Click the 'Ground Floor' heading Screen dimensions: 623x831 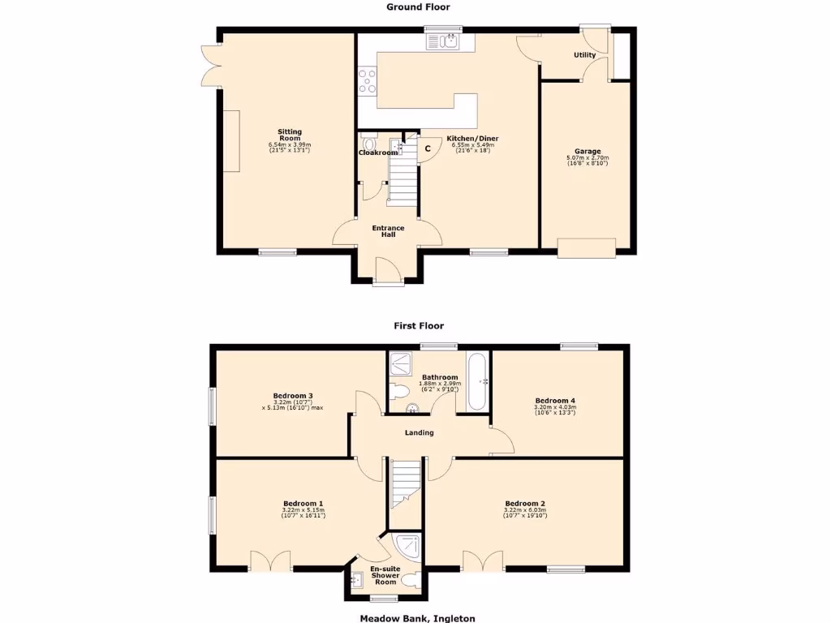419,6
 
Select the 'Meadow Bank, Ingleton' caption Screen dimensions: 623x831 417,617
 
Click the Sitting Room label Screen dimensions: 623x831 290,135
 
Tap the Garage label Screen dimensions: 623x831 588,152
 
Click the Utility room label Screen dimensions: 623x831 584,55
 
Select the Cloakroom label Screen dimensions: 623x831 378,153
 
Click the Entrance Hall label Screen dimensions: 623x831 388,231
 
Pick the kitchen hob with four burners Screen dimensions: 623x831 367,81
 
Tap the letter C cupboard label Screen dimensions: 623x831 428,149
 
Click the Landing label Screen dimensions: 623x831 420,432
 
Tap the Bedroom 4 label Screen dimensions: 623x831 555,400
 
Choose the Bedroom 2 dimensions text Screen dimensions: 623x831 525,515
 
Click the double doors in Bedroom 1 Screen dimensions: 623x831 269,561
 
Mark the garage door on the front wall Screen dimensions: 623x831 586,247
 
